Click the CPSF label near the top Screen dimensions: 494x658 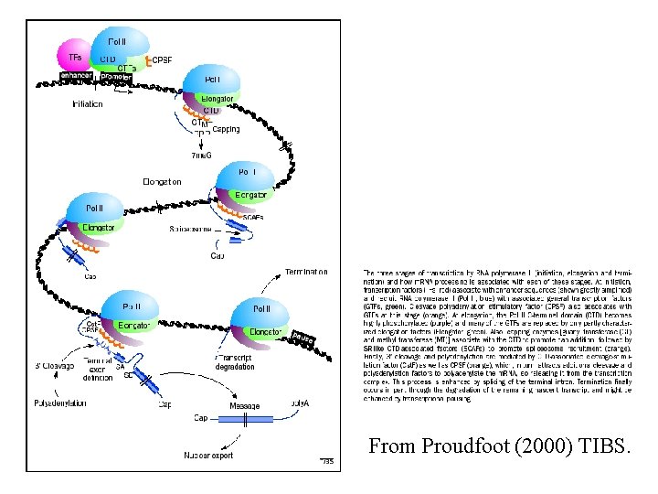click(162, 60)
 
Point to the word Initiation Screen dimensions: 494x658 click(88, 104)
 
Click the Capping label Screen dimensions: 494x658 click(226, 130)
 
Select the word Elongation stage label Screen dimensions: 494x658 click(162, 182)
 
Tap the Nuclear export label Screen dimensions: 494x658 click(209, 455)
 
